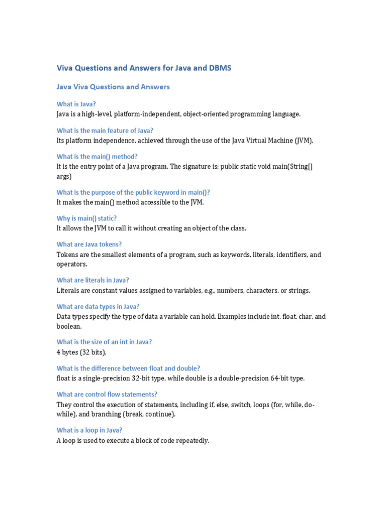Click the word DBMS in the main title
[220, 68]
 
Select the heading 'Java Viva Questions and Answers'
[113, 87]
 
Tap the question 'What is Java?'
[76, 104]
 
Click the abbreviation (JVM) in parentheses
[304, 140]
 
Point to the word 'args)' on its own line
[64, 176]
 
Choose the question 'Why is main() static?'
[86, 218]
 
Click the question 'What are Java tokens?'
[89, 244]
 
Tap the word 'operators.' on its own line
[72, 264]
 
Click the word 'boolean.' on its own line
[69, 326]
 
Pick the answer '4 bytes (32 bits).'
[81, 352]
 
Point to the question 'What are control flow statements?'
[107, 395]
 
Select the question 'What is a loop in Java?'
[89, 430]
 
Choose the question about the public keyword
[133, 192]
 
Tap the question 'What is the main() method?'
[97, 157]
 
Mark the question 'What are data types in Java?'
[98, 306]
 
